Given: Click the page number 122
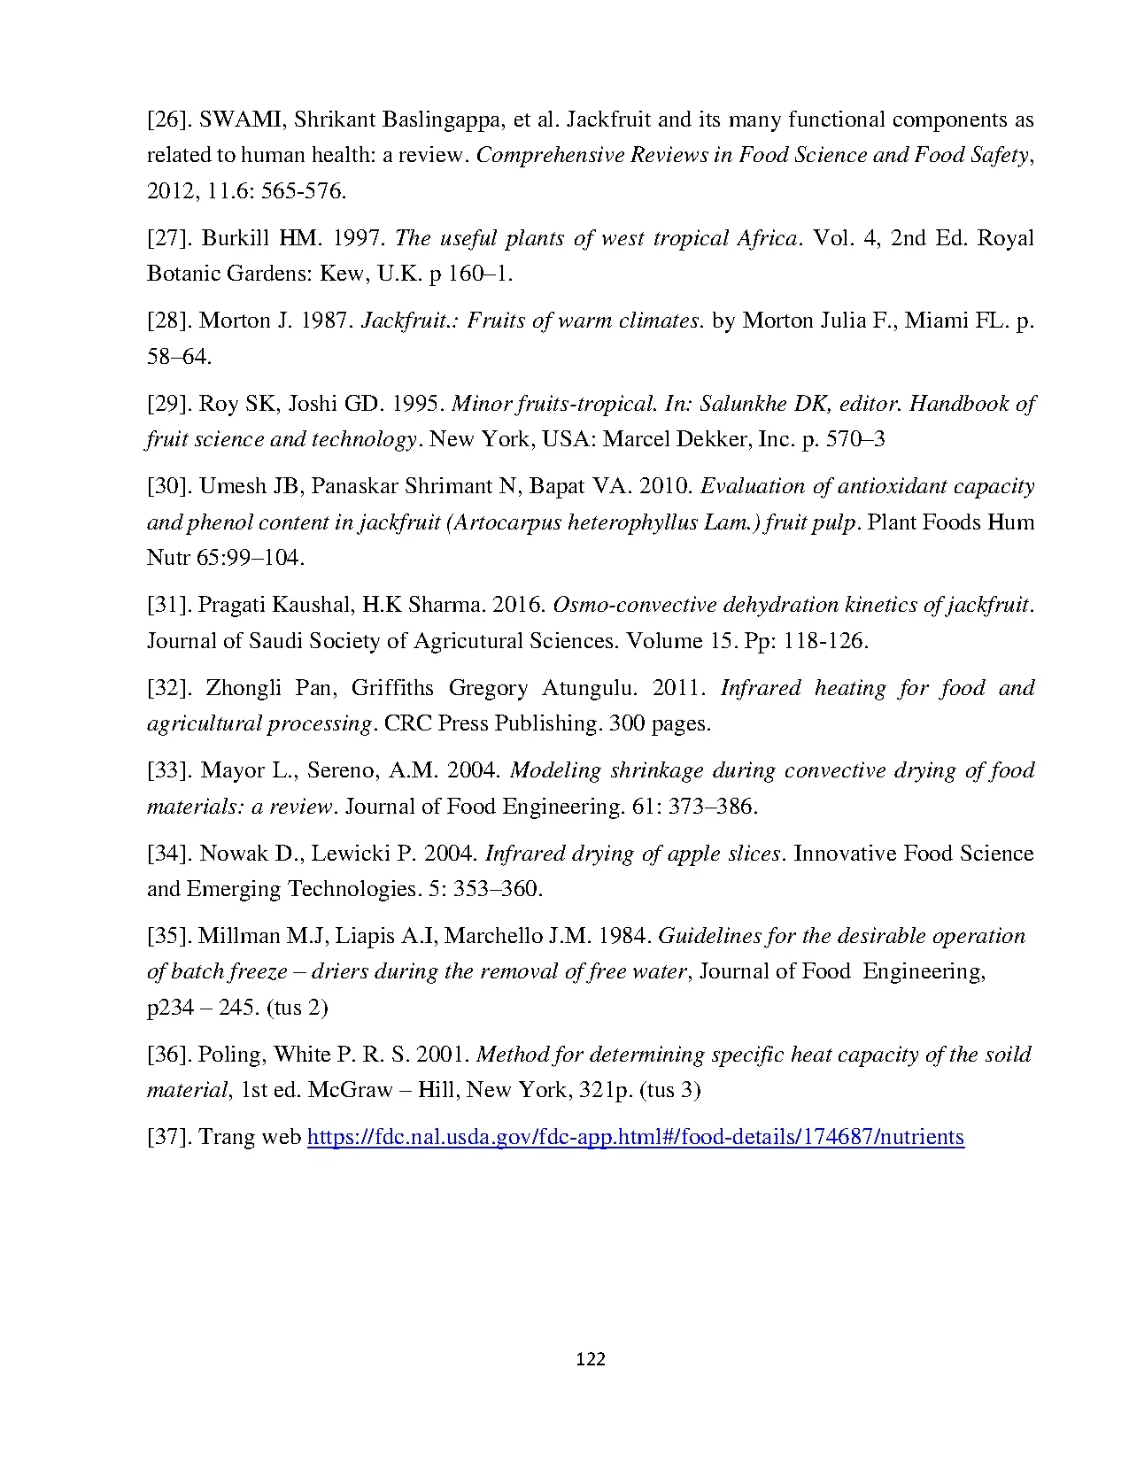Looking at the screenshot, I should [x=590, y=1359].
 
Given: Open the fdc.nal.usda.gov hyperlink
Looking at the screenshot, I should [x=635, y=1137].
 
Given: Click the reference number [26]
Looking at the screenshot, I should [x=168, y=120].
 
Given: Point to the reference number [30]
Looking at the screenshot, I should [x=168, y=486].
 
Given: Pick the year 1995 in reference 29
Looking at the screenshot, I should [x=416, y=404].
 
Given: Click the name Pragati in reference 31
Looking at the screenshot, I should [x=232, y=606].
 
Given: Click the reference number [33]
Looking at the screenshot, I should [x=168, y=770].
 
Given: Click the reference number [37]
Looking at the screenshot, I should [x=168, y=1137].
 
